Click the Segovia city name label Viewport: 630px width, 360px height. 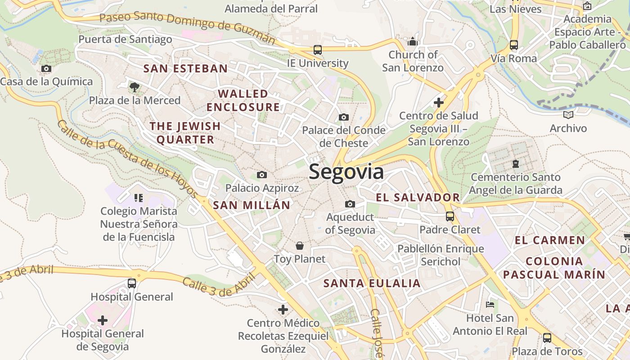coord(346,172)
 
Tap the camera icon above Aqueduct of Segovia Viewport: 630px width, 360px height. coord(350,204)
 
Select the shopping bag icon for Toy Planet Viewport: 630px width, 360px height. coord(299,246)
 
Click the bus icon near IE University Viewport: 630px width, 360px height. coord(317,50)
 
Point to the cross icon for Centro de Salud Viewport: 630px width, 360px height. coord(439,103)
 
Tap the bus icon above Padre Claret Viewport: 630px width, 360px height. coord(450,216)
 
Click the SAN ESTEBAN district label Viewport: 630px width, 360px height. coord(185,69)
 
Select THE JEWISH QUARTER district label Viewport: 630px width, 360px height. coord(185,133)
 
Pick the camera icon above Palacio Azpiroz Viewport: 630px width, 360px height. coord(261,175)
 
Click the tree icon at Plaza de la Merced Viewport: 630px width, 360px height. coord(134,87)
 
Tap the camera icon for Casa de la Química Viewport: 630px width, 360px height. coord(46,69)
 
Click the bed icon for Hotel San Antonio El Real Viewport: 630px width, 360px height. coord(490,305)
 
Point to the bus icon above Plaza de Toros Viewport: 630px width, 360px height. coord(547,337)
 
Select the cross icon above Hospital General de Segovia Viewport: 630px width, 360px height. coord(103,320)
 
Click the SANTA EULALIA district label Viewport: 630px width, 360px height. coord(372,283)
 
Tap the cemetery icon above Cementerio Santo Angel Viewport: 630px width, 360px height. coord(516,164)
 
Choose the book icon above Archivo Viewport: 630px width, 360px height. coord(568,115)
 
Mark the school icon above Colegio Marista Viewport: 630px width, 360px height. coord(138,198)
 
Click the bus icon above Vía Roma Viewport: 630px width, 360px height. coord(513,45)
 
